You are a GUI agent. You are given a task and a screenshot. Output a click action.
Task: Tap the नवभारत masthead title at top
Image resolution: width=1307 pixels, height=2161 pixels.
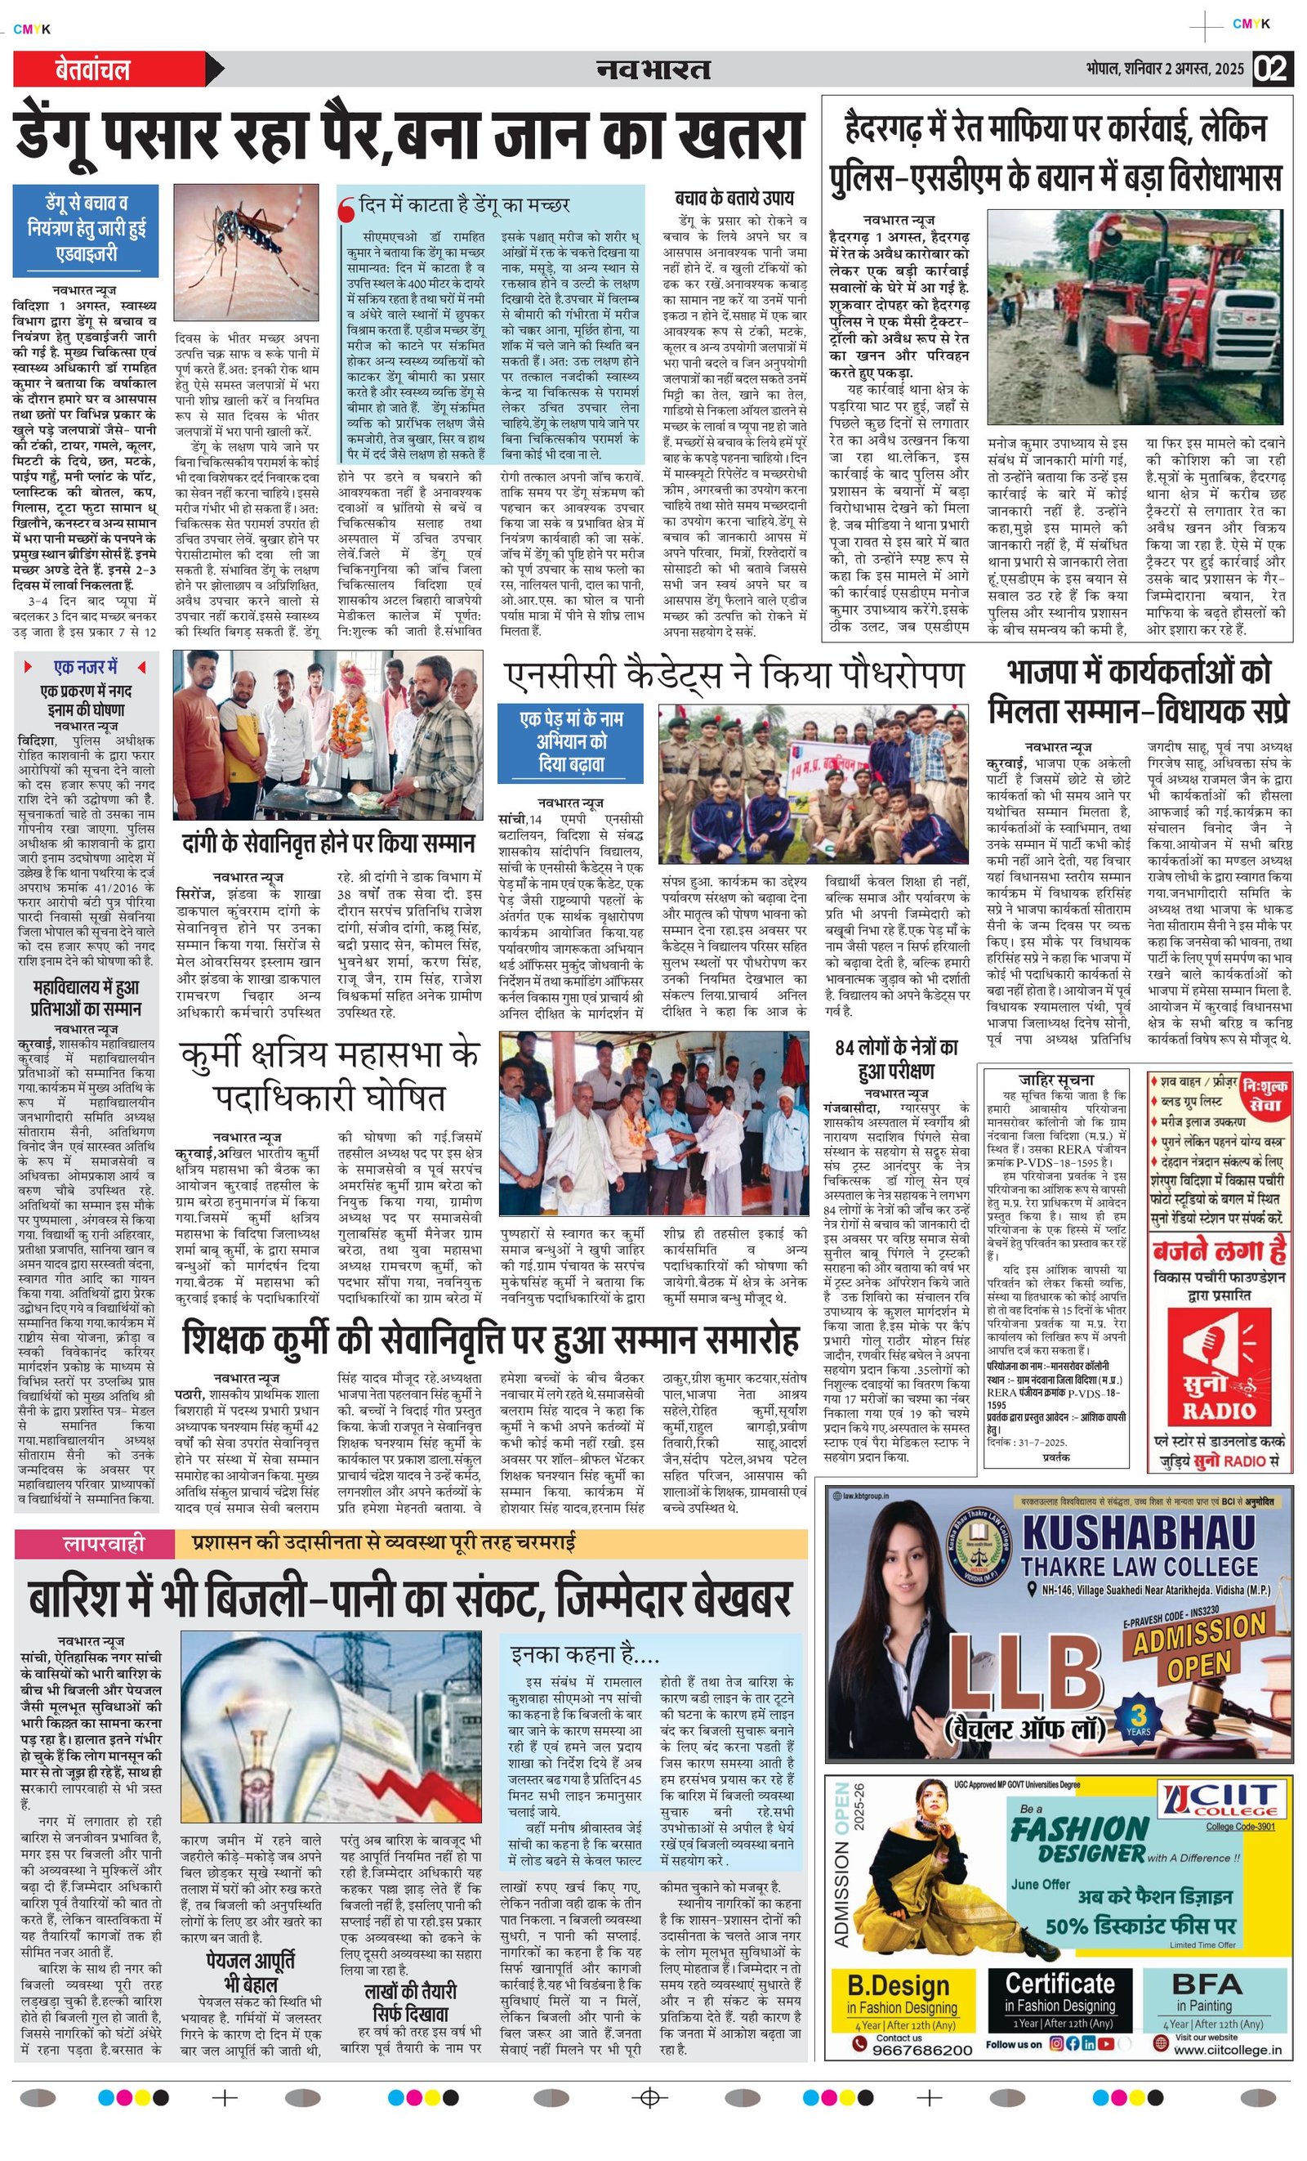point(653,69)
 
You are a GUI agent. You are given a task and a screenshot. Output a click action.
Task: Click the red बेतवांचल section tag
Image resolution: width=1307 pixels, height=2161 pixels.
point(93,70)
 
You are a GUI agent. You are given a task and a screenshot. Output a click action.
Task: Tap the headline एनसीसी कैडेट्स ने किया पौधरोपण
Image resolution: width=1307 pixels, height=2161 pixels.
point(734,675)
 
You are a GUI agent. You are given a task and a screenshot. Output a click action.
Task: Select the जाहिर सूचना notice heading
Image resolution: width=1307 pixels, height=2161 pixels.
point(1055,1080)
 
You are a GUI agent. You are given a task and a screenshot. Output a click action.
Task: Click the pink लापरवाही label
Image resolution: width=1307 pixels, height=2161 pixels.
point(104,1542)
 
